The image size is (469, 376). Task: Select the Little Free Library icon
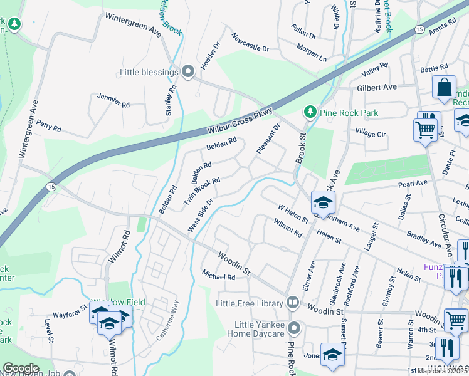click(x=292, y=303)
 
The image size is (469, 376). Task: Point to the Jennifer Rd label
click(x=113, y=100)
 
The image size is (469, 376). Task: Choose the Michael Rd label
click(x=218, y=275)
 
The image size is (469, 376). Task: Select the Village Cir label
click(x=371, y=134)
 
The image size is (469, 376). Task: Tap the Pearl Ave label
click(x=413, y=184)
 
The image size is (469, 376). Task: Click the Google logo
click(x=21, y=368)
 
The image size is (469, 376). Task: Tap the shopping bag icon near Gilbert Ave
click(x=444, y=87)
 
